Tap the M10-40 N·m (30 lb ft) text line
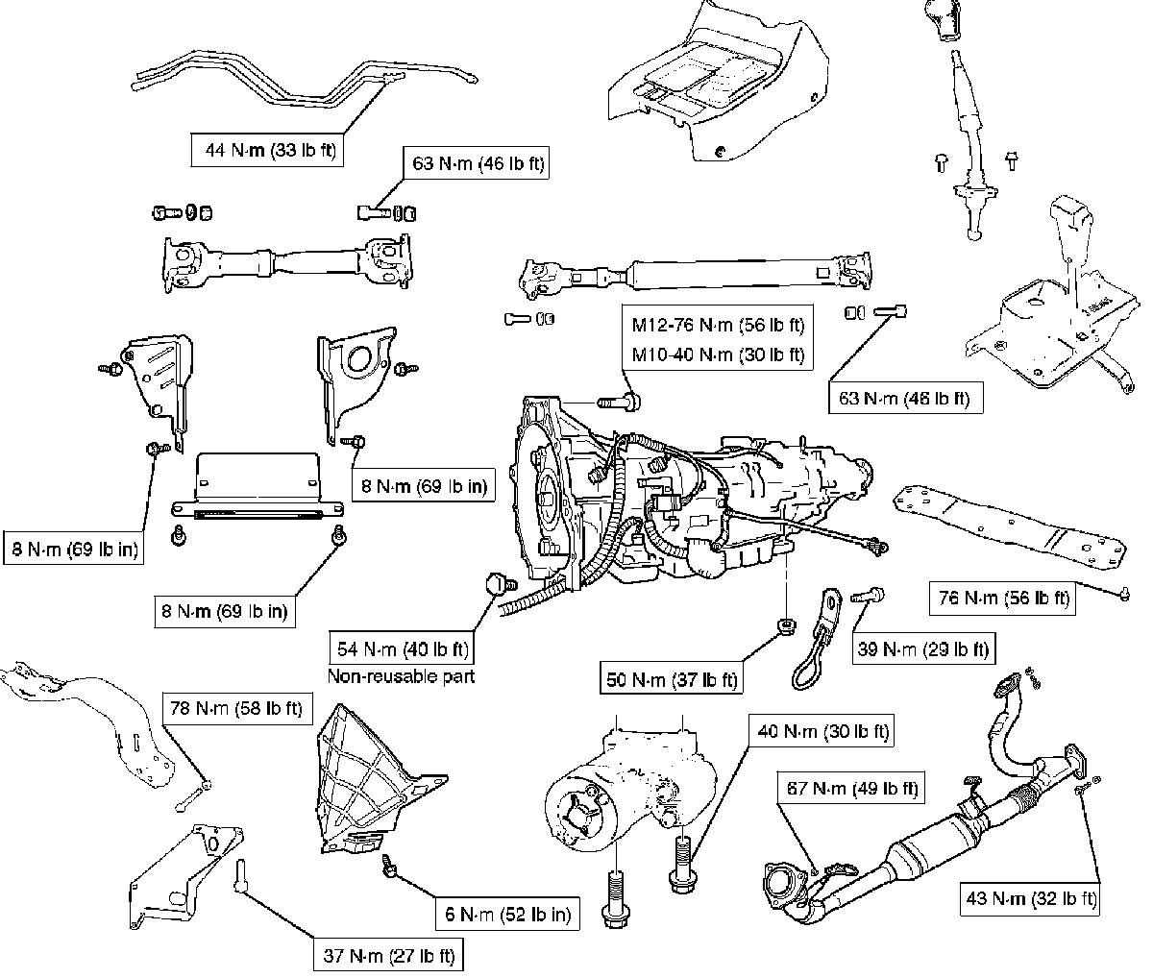[718, 355]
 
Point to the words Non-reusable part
[402, 675]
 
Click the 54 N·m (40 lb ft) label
[402, 649]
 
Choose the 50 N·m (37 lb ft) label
[671, 679]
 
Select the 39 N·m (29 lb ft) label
[922, 649]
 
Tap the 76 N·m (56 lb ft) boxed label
[1003, 598]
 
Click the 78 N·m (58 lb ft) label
[235, 709]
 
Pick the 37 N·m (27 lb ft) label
[387, 956]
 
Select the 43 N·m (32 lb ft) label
[1030, 899]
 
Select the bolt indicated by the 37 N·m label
[240, 875]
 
